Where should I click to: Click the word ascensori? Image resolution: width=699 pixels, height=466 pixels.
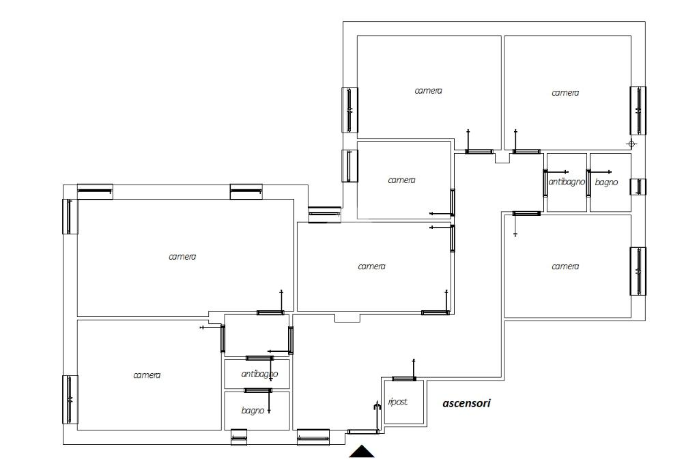point(466,403)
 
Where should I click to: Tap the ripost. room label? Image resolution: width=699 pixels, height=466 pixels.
point(398,402)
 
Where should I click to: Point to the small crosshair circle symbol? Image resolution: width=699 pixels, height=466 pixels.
point(631,144)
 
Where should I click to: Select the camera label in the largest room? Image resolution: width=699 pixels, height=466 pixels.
point(182,257)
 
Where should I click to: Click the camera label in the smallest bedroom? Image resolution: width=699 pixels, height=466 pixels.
point(401,180)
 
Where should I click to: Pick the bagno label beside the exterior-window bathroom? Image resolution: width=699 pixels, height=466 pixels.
point(606,182)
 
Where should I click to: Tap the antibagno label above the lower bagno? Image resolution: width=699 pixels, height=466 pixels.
point(259,374)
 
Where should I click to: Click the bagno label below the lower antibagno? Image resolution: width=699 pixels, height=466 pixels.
point(253,410)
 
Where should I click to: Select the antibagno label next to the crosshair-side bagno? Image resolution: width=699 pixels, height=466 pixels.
point(567,182)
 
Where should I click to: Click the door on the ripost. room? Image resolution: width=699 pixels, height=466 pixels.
point(404,379)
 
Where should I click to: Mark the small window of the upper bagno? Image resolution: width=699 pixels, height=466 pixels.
point(638,187)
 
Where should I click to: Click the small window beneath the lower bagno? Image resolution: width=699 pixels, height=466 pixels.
point(239,437)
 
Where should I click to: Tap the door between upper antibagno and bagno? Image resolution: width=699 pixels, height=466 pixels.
point(588,183)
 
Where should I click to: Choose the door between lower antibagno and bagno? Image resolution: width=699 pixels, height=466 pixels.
point(257,391)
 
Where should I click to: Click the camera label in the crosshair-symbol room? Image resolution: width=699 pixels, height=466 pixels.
point(565,93)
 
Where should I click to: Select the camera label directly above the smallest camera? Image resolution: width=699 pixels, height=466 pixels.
point(429,91)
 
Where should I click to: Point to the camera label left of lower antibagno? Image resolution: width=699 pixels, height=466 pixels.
point(147,375)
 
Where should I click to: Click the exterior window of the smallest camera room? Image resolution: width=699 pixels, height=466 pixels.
point(350,165)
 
